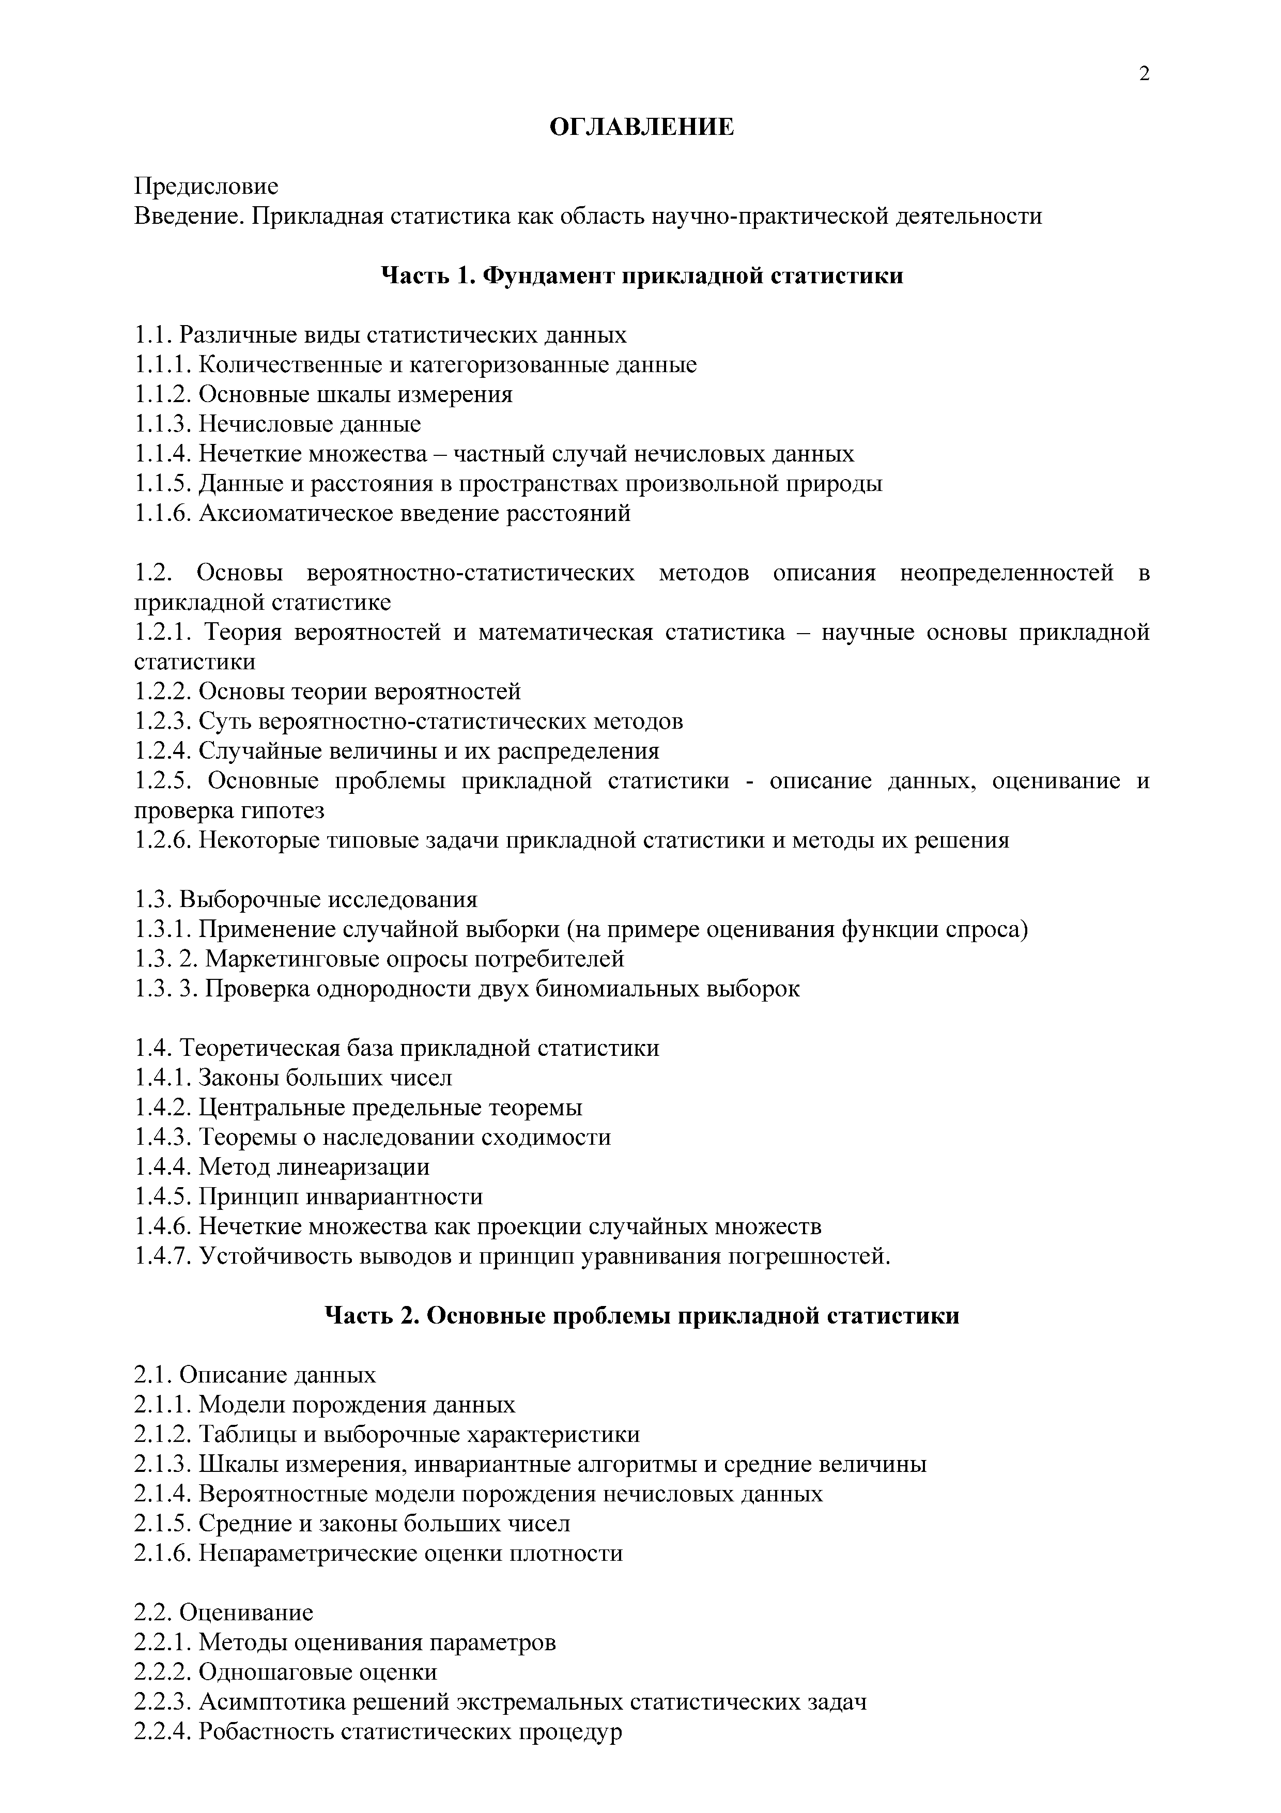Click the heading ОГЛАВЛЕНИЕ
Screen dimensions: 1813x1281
[641, 127]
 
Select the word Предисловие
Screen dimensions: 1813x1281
[206, 187]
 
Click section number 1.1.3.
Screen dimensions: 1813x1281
[163, 424]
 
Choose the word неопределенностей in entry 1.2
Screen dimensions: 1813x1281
[1006, 573]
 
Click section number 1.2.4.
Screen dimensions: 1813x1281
[163, 750]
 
